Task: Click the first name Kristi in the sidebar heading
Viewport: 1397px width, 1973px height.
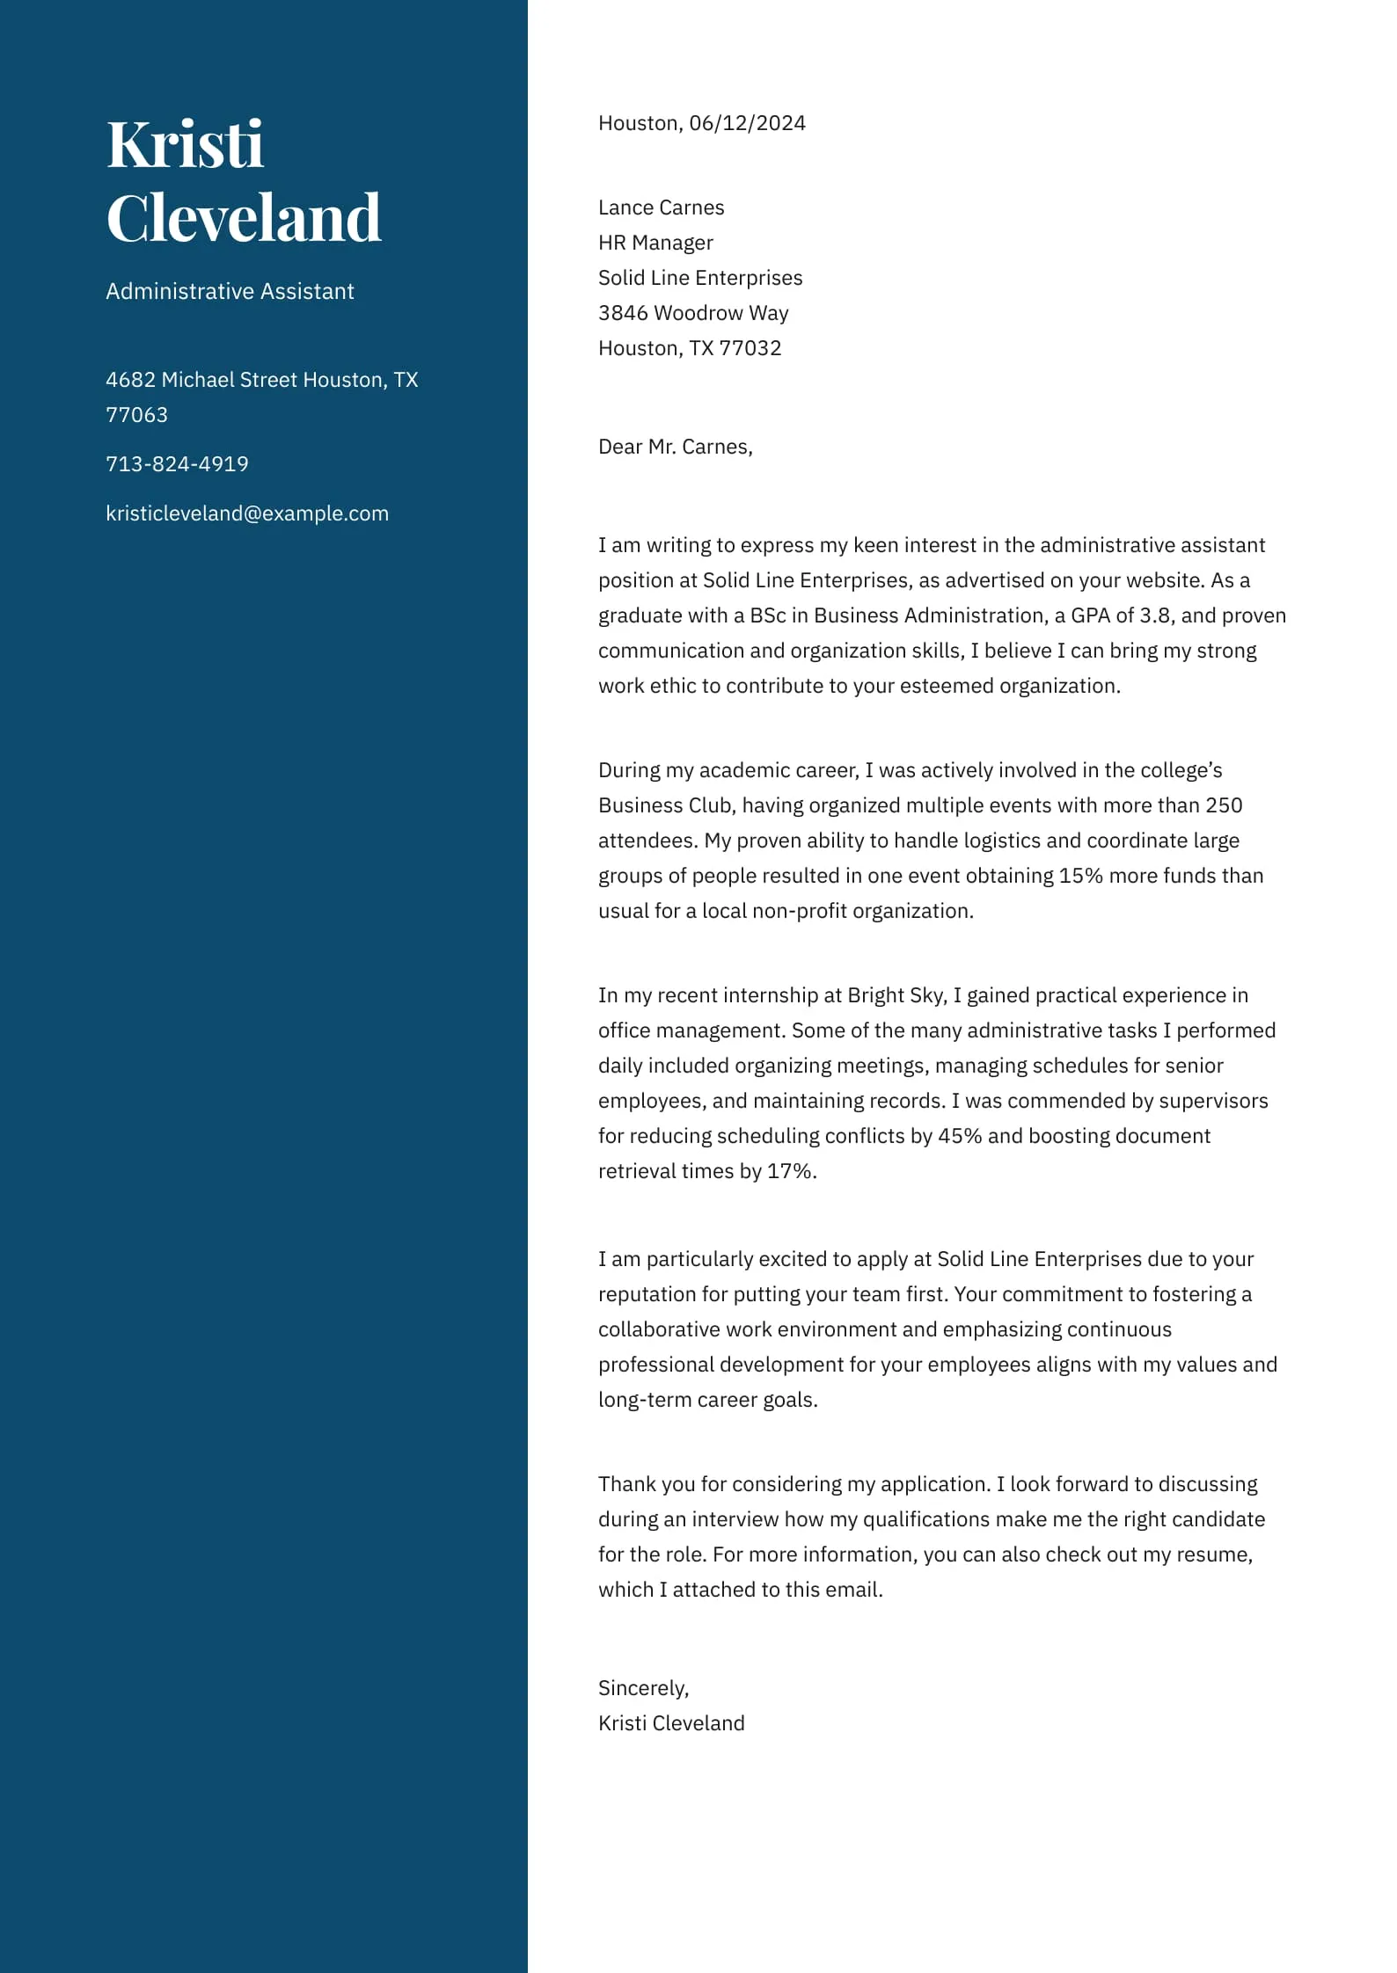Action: (x=185, y=144)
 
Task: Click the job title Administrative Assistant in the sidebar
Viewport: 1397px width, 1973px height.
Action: (x=230, y=291)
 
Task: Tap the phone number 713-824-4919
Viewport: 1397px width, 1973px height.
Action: (x=177, y=463)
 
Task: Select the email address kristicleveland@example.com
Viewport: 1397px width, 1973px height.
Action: (x=247, y=513)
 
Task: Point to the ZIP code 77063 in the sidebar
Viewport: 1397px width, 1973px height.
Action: (x=136, y=415)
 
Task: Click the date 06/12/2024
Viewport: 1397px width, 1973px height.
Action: (x=747, y=123)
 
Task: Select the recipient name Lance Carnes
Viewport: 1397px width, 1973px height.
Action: (x=661, y=207)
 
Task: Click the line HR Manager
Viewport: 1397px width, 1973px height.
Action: (x=655, y=243)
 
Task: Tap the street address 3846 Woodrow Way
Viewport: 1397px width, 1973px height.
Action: (x=693, y=313)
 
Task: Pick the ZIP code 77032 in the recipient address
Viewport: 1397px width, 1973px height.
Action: (x=750, y=348)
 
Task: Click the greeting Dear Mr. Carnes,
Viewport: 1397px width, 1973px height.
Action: (x=675, y=447)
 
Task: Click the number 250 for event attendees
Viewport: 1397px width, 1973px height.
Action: (x=1224, y=805)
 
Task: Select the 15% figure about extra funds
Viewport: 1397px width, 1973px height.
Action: (x=1080, y=876)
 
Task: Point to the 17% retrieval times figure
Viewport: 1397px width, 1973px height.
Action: (x=790, y=1171)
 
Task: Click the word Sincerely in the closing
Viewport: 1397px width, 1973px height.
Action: (x=642, y=1688)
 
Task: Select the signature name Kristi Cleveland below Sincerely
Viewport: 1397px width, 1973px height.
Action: (x=671, y=1723)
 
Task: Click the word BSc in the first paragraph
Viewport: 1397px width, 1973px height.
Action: (x=767, y=615)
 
